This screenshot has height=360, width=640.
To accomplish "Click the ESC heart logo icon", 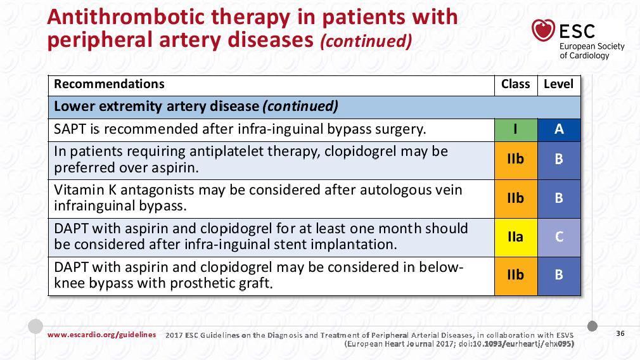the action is (543, 30).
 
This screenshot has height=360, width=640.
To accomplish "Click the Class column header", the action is (516, 84).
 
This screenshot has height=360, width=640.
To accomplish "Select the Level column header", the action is (558, 84).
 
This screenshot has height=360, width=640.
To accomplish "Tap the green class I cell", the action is (516, 130).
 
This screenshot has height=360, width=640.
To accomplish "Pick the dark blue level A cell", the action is (559, 130).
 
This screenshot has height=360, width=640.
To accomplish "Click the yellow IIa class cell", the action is (516, 237).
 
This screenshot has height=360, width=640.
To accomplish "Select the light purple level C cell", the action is (559, 237).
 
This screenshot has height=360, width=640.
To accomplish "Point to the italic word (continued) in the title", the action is (366, 41).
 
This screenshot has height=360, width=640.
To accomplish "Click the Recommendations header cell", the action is (109, 84).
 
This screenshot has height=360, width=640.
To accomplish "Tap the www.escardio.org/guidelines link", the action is (101, 335).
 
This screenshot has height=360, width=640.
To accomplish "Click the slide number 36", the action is (620, 333).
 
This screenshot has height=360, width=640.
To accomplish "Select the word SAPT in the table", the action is (70, 129).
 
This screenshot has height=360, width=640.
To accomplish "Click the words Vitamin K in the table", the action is (86, 190).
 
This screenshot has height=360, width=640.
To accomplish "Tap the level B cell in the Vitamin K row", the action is (559, 199).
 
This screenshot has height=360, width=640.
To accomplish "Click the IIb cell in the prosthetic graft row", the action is (516, 276).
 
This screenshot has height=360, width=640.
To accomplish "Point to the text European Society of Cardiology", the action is (592, 51).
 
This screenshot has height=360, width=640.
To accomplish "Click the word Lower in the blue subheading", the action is (74, 106).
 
